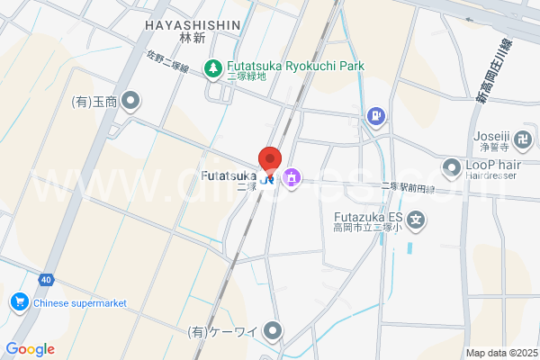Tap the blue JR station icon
[x=267, y=178]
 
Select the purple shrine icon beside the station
[x=291, y=177]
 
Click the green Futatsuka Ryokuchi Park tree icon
[x=212, y=67]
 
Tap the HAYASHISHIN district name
[x=192, y=25]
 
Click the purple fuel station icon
[x=374, y=116]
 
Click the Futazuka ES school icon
[x=416, y=218]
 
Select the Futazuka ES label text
[x=368, y=217]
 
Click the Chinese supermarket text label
[x=79, y=303]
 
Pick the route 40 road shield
[x=45, y=280]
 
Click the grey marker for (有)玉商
[x=131, y=101]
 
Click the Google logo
[x=30, y=349]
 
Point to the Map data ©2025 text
[x=500, y=353]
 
